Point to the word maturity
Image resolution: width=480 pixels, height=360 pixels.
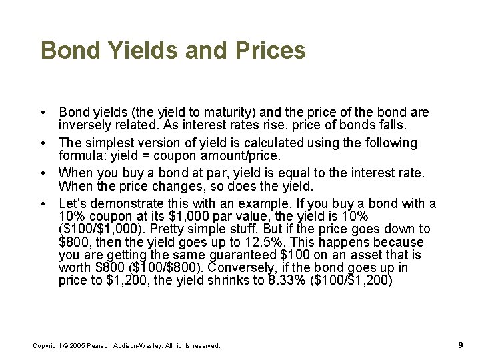point(221,113)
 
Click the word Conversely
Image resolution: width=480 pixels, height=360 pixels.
point(241,267)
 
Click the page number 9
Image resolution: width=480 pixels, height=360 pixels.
point(461,345)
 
